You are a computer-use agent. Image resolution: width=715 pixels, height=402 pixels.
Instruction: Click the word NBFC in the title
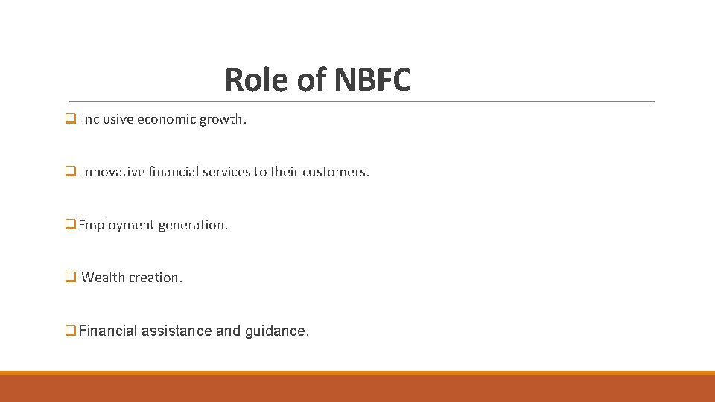tap(372, 80)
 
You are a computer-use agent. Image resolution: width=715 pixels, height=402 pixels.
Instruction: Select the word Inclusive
tap(107, 119)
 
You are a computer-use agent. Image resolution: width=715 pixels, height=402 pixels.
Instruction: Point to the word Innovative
tap(113, 172)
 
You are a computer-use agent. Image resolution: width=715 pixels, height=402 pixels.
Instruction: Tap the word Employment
tap(116, 225)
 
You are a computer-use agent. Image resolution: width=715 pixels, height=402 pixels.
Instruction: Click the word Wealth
tap(104, 278)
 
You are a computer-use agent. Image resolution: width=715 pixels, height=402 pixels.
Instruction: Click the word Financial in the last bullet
tap(108, 331)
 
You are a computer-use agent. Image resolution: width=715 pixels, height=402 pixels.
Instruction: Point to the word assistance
tap(177, 331)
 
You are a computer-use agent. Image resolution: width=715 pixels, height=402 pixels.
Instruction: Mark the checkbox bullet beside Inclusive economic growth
tap(71, 118)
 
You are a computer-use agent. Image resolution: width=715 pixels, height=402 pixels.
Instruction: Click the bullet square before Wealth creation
tap(71, 277)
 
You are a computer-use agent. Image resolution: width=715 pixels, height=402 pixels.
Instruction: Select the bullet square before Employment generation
tap(71, 224)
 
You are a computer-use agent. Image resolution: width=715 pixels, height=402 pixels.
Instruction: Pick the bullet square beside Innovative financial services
tap(71, 171)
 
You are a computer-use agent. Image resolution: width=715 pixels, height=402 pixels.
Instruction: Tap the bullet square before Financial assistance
tap(71, 331)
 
